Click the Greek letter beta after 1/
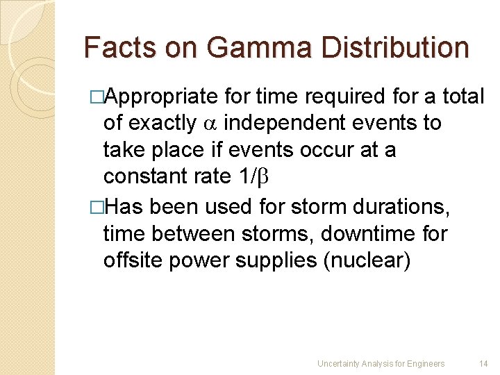click(x=262, y=177)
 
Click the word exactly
click(x=162, y=124)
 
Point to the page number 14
click(x=483, y=363)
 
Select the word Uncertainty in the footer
click(x=338, y=363)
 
